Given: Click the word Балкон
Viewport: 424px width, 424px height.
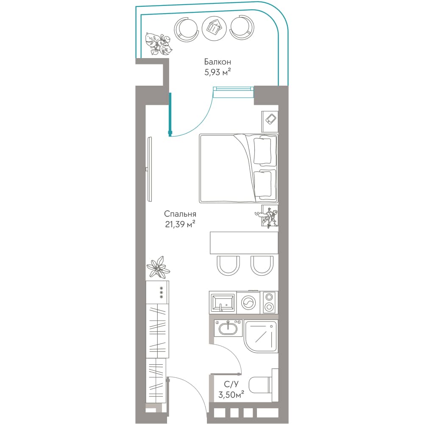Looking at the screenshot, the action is tap(218, 62).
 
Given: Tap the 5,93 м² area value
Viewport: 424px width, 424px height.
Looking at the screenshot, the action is tap(218, 72).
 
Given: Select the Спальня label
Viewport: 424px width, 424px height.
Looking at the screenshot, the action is tap(180, 214).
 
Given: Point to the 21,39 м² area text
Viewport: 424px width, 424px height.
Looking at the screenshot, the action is tap(180, 224).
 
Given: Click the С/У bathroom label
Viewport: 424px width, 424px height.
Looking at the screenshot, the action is tap(231, 384).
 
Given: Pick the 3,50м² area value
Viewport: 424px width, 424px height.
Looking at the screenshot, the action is tap(231, 394).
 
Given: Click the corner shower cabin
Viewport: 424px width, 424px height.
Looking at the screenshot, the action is tap(261, 336).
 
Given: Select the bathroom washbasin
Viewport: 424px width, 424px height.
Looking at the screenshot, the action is tap(228, 328).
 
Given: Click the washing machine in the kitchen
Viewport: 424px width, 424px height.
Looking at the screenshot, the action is tap(248, 302).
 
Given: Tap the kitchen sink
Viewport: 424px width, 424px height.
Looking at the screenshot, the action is tap(223, 303).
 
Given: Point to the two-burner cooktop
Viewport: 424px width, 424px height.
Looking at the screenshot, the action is tap(269, 302).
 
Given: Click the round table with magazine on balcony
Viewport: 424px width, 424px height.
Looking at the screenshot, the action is tap(214, 28).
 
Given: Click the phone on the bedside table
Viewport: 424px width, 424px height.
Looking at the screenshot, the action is tap(271, 119).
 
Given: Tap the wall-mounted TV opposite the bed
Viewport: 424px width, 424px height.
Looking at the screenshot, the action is tap(150, 169).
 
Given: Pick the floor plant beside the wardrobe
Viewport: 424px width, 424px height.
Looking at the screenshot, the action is tap(158, 267).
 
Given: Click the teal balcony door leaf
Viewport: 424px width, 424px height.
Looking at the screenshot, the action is tap(170, 114).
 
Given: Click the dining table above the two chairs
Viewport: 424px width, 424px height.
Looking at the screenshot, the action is tap(244, 243).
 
